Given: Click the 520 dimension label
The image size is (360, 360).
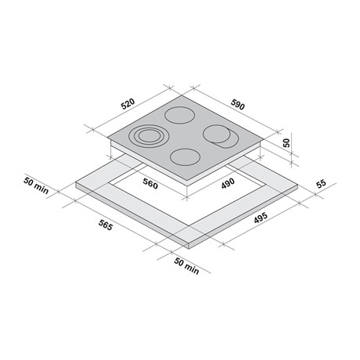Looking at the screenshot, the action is [x=128, y=103].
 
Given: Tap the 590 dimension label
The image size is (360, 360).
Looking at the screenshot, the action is [x=238, y=104].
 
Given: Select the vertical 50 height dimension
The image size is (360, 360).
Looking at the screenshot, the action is [x=286, y=143].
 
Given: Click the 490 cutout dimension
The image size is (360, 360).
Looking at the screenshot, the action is [x=228, y=183].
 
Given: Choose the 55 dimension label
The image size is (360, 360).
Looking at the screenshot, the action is [x=321, y=183].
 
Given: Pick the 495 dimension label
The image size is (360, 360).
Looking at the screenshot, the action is [x=261, y=218].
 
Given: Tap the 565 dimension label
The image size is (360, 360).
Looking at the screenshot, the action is [x=106, y=225].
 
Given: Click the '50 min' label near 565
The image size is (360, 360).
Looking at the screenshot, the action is [x=36, y=185].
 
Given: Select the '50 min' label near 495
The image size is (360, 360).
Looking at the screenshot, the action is [x=186, y=266].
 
